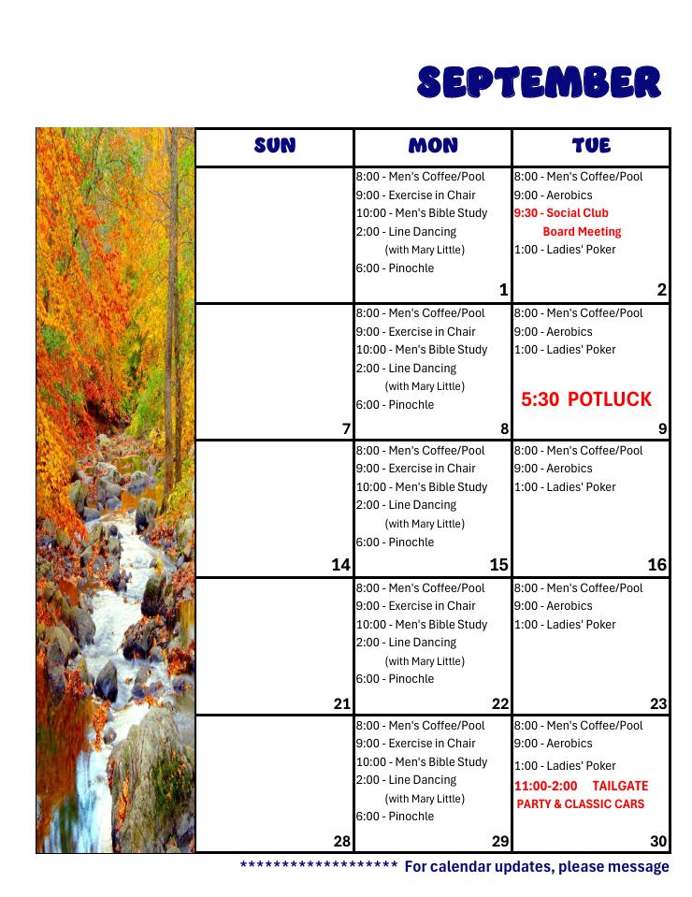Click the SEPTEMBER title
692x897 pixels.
539,82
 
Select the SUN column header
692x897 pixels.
275,145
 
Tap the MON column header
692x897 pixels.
433,145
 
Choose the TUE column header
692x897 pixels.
591,145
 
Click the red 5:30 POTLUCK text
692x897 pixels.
586,399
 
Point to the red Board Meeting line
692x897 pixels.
582,232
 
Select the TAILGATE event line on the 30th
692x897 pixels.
581,786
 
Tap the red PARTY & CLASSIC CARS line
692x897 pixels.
581,804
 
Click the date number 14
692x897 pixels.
340,565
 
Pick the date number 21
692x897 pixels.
340,704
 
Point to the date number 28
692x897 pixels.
340,841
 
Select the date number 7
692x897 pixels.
346,429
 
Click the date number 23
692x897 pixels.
658,704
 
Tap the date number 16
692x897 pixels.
657,565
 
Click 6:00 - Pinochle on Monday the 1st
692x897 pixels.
395,268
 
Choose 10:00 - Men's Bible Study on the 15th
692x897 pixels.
422,487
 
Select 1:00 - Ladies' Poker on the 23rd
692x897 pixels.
565,625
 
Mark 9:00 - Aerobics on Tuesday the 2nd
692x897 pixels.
553,195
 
